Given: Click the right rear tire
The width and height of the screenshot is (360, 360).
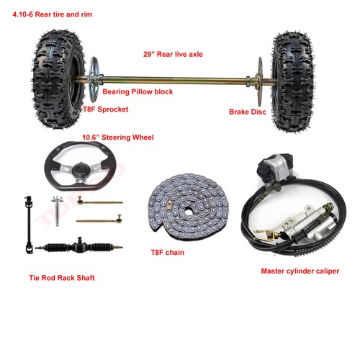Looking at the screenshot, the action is tap(293, 81).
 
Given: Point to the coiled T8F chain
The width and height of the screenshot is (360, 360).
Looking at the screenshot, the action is tap(188, 207).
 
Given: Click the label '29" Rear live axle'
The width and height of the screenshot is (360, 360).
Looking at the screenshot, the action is tap(173, 54).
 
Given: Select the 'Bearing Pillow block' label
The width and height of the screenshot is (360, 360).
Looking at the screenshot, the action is tap(138, 91).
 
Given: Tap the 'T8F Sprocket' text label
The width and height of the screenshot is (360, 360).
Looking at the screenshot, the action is tap(106, 109).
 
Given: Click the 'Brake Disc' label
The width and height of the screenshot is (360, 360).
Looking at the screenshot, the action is tap(248, 112).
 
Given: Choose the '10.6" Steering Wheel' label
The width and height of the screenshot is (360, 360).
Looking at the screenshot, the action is tap(118, 138).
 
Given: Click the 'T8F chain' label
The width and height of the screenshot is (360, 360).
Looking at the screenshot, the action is tap(168, 253).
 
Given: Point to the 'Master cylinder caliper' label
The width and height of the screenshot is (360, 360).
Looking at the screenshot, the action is tap(300, 271).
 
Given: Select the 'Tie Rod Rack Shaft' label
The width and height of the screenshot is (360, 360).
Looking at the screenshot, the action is tap(62, 278).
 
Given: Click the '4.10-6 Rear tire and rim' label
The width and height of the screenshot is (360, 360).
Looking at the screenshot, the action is tap(52, 14).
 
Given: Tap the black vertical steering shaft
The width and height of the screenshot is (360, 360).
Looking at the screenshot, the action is tap(29, 225).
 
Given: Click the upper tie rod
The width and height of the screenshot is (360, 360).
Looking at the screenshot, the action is tap(100, 202).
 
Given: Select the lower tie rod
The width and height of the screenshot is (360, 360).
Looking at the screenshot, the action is tap(99, 220).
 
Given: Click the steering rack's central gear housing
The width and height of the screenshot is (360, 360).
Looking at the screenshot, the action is tap(79, 246).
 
